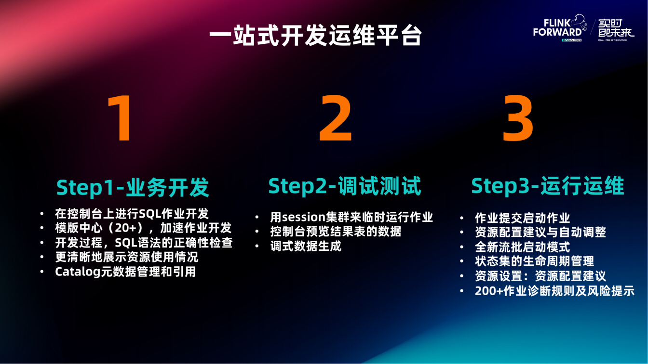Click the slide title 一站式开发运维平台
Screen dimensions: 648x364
coord(316,35)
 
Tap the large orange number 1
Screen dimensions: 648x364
coord(121,118)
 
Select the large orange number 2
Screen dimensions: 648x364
coord(335,118)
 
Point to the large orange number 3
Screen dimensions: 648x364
coord(517,118)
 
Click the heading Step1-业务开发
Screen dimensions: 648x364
coord(133,187)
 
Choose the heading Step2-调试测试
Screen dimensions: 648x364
coord(345,186)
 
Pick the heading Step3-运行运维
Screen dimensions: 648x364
coord(548,186)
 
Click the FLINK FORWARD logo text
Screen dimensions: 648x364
coord(557,28)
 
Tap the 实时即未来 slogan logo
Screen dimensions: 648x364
coord(616,28)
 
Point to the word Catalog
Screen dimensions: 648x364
coord(78,272)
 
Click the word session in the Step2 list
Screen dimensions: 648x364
coord(304,217)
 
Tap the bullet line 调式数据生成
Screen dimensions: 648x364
coord(306,246)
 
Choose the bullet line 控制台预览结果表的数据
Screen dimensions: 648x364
coord(336,232)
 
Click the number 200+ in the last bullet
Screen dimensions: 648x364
coord(489,291)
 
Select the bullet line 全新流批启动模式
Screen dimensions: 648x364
coord(523,247)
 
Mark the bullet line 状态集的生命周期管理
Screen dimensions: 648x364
coord(534,261)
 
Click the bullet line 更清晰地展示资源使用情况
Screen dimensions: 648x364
coord(127,257)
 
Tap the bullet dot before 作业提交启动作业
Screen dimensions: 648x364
coord(462,218)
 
